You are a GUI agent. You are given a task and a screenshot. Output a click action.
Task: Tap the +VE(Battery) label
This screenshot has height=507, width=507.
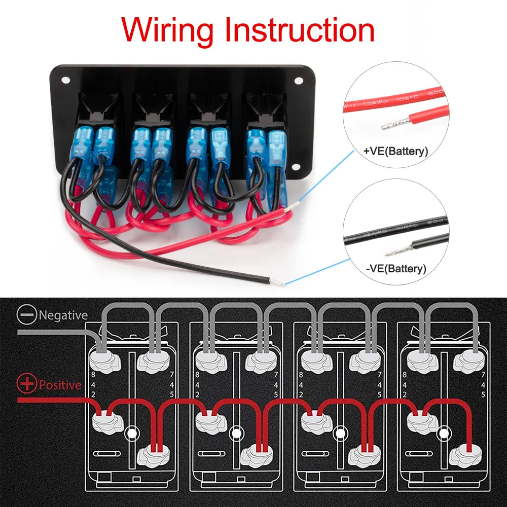(x=396, y=151)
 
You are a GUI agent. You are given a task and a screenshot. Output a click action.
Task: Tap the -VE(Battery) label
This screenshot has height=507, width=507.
(x=396, y=268)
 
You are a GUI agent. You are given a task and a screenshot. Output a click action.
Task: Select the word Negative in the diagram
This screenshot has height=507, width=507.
(x=63, y=315)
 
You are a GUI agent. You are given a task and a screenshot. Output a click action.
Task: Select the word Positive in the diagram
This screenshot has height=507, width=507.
(x=60, y=385)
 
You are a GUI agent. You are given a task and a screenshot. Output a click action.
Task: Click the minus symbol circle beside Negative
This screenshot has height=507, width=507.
(x=27, y=315)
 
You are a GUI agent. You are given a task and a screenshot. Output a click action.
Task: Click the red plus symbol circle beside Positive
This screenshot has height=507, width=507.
(x=27, y=384)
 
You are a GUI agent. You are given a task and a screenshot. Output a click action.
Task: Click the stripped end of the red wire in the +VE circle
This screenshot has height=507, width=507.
(x=390, y=122)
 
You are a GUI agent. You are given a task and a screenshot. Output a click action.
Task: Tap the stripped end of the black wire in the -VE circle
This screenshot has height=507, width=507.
(x=396, y=250)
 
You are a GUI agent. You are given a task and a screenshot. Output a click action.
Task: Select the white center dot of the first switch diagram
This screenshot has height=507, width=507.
(x=132, y=433)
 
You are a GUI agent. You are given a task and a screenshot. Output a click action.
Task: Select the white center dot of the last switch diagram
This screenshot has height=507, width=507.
(x=444, y=433)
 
